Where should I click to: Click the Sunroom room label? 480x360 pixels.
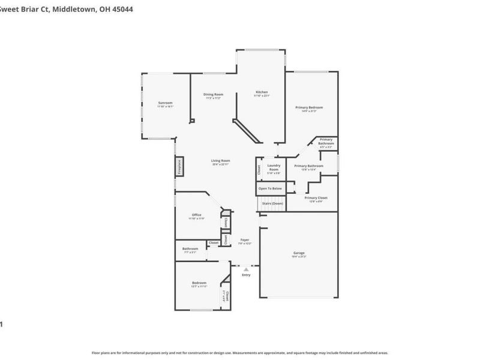166,103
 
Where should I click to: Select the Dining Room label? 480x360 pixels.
214,94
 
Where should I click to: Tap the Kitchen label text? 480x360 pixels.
262,92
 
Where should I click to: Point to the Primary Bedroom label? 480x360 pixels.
309,107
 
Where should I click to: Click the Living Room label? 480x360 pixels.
220,160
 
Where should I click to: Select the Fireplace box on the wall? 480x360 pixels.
179,166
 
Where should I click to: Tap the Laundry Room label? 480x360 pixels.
274,167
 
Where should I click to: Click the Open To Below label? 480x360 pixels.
270,188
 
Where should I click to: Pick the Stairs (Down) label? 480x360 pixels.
272,203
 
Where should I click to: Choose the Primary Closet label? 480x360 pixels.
316,197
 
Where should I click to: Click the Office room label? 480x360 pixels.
196,215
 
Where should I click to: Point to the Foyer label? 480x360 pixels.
245,239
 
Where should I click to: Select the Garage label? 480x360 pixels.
299,253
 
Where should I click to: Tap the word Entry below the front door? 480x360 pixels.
246,275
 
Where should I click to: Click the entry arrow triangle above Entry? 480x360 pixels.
246,269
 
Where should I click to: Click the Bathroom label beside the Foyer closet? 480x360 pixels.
190,248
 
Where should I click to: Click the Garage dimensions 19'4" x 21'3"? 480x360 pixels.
299,257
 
